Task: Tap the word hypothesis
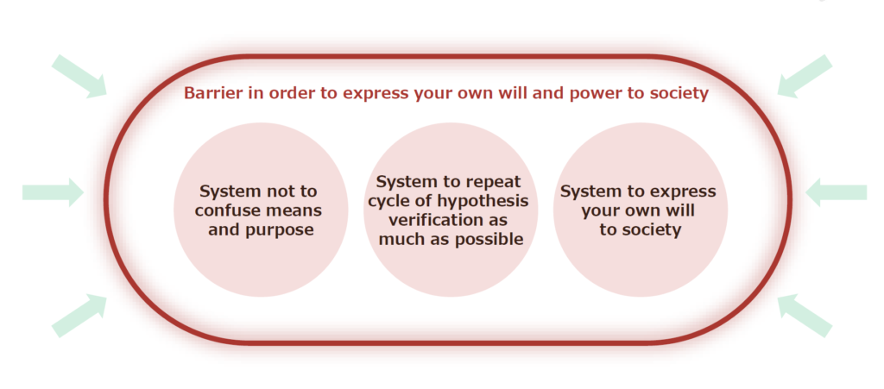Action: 481,201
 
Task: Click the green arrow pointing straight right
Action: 53,192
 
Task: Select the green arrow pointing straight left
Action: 836,192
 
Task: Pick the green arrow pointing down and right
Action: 79,77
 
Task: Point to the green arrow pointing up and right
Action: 79,315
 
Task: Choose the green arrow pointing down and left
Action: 805,77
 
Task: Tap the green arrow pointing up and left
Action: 805,315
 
